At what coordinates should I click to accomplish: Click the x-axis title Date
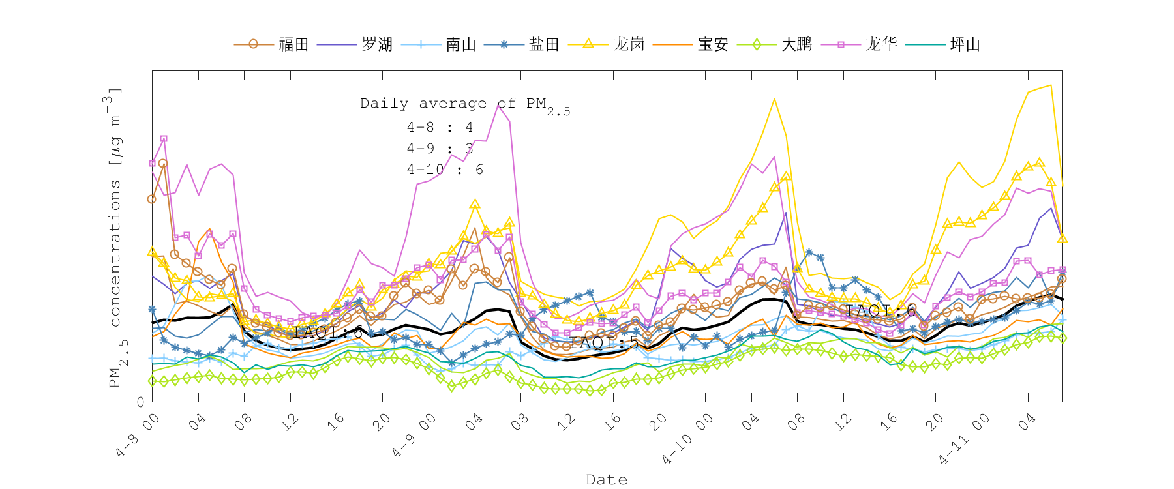pos(607,480)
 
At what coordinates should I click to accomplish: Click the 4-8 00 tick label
pos(138,434)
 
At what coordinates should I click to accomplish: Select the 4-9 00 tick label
pos(414,434)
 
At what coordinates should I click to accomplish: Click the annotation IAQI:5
pos(604,343)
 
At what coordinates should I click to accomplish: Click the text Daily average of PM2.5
pos(464,104)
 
